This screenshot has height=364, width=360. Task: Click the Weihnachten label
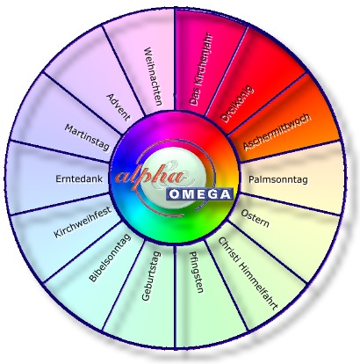153,76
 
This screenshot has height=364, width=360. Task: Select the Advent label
119,107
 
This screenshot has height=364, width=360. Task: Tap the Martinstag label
87,137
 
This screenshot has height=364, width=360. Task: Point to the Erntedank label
79,178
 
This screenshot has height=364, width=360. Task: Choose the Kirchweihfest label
83,222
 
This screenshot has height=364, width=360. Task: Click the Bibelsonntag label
110,258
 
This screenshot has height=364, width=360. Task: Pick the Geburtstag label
151,276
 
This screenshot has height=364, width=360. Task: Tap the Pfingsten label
197,273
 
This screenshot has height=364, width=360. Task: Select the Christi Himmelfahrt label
248,273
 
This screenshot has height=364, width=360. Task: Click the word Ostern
255,218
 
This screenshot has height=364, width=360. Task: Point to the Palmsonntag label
278,179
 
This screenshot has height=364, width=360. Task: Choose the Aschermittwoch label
277,132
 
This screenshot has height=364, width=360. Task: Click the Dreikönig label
236,104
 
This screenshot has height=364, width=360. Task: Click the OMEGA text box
200,194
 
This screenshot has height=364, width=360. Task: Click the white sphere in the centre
174,178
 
